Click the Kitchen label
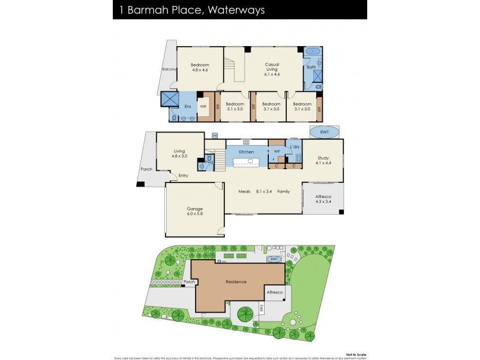247,152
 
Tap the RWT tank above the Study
323,132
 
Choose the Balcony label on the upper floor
169,70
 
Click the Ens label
187,106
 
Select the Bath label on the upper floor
311,67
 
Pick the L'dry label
295,147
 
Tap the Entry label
183,175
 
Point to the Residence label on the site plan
236,281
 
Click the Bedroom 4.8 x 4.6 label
200,67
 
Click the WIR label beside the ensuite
203,107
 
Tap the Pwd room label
209,162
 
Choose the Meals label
247,191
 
